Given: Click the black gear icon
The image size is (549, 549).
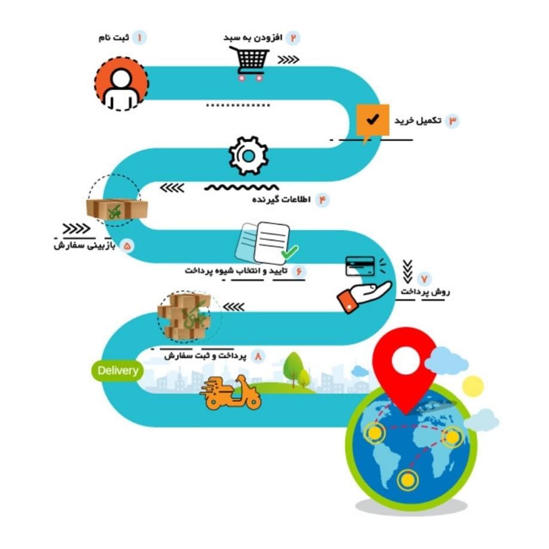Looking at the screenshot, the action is (x=249, y=156).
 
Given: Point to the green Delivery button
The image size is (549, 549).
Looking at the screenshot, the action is (x=118, y=371).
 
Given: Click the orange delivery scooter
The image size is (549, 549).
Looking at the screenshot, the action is (x=230, y=393).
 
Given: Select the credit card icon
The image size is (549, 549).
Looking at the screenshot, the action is (x=360, y=267).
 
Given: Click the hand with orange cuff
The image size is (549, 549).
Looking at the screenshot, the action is (x=364, y=296).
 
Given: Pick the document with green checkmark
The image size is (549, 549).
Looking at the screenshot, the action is (x=267, y=243).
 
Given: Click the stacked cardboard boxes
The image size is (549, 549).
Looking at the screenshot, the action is (x=184, y=316).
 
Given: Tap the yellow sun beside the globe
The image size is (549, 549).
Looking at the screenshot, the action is (x=473, y=386).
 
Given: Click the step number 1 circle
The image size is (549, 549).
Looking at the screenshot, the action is (x=139, y=38).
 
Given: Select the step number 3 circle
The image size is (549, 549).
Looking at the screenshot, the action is (x=452, y=121).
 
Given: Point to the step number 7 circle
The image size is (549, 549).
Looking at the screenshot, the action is (x=425, y=279).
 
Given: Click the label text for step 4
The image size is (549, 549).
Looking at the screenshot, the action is (x=282, y=200).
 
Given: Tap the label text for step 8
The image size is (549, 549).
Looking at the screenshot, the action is (x=206, y=356).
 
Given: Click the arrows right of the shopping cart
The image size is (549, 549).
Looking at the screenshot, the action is (x=288, y=60).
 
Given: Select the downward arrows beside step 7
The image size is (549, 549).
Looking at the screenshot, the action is (x=407, y=272).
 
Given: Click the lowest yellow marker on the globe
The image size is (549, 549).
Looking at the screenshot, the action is (x=407, y=479).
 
